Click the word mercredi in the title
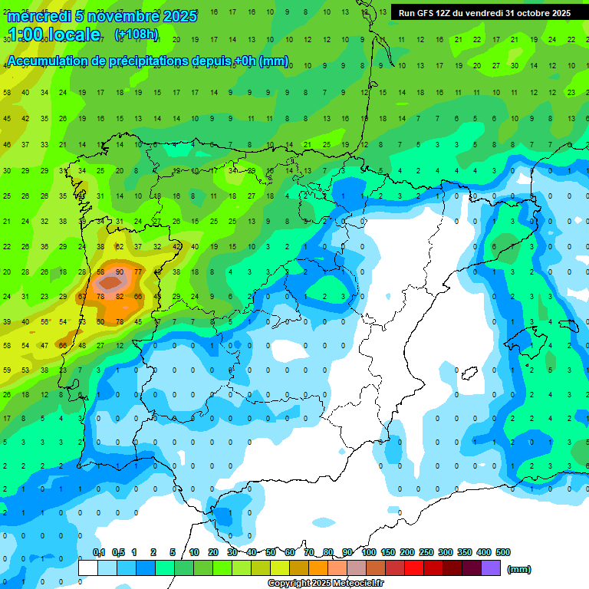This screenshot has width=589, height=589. point(38,16)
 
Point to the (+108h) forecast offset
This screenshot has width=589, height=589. point(137,35)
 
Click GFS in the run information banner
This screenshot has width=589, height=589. point(424,13)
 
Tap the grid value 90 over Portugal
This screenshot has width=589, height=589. point(119,272)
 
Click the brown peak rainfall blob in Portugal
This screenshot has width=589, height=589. point(111,283)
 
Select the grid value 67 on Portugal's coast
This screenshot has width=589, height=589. point(83,296)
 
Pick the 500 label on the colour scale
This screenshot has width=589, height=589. point(503,552)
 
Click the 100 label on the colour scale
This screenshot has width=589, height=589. point(369,552)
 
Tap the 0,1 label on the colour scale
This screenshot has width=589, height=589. point(99,552)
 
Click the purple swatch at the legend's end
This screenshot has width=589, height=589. point(491,568)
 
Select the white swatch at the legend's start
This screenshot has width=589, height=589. point(88,568)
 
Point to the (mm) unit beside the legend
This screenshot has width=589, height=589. point(519,569)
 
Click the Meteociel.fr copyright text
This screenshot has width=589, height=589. point(325,584)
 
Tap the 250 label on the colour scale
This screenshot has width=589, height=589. point(426,552)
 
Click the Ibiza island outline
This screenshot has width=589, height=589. point(469,374)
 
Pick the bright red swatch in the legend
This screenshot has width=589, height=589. point(414,568)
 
